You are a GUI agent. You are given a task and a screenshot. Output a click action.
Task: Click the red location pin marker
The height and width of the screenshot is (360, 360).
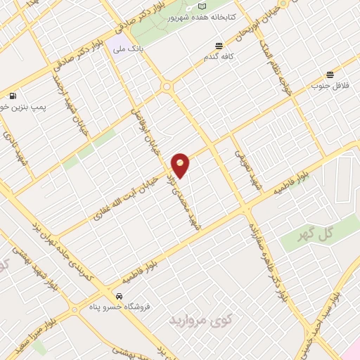point(181,164)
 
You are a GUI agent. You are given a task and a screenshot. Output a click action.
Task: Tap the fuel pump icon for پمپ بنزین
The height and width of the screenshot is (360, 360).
point(13,96)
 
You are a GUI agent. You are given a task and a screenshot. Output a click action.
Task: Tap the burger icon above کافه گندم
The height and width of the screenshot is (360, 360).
point(220,46)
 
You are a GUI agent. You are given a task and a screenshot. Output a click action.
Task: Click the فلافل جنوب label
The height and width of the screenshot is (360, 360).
point(328,86)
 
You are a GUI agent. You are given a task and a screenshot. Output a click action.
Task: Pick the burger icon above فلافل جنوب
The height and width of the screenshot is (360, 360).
point(329,75)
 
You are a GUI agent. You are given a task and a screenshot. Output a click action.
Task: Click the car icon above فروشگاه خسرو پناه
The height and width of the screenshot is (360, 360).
point(120,296)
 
